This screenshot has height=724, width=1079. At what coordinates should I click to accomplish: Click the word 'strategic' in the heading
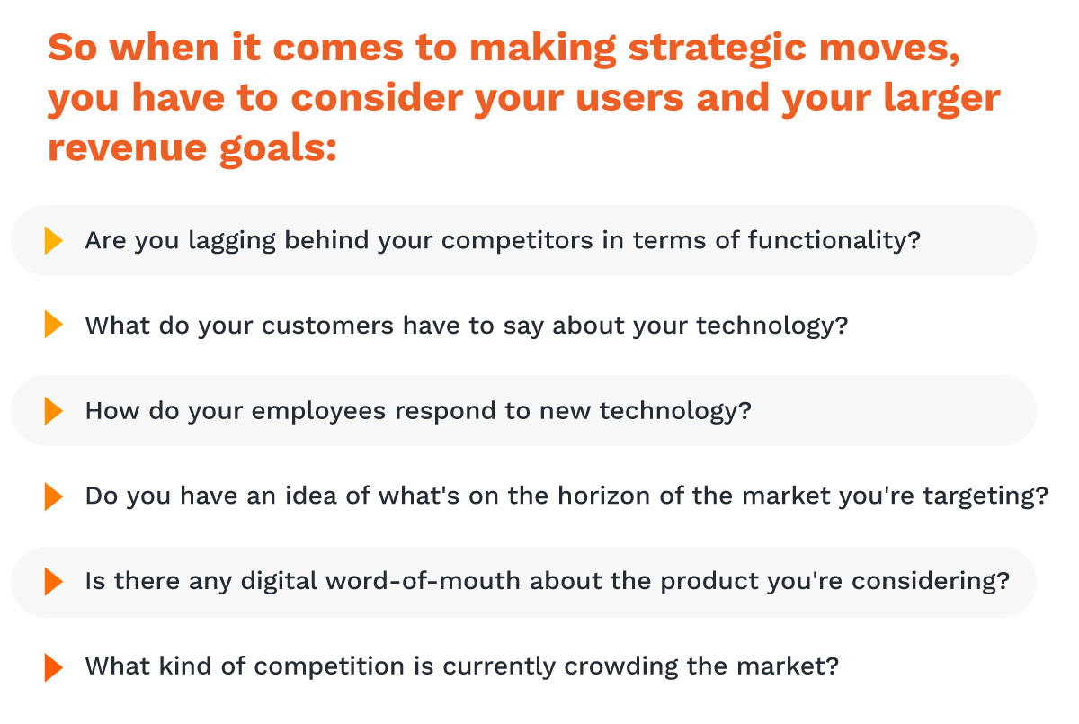pos(717,49)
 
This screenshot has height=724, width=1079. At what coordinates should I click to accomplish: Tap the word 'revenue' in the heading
pos(127,147)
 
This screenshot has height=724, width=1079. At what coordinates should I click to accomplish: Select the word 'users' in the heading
pos(629,98)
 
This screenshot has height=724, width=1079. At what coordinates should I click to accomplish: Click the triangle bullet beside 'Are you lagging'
pos(53,240)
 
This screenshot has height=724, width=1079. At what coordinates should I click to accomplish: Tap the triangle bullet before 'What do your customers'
pos(53,324)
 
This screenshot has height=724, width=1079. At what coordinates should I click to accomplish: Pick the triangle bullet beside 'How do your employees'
pos(53,411)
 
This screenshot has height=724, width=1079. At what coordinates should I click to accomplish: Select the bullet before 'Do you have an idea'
pos(53,496)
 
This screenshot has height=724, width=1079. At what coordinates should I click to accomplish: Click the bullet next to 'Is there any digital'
pos(53,581)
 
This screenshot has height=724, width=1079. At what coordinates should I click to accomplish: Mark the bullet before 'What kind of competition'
pos(53,667)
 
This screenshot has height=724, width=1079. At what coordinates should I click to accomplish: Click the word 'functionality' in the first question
pos(829,241)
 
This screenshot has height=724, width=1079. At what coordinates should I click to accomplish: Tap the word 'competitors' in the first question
pos(517,241)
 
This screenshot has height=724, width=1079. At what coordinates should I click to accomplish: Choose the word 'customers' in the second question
pos(327,326)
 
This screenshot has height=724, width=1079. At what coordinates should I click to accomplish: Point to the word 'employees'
pos(318,412)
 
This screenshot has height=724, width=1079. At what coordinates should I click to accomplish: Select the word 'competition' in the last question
pos(329,667)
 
